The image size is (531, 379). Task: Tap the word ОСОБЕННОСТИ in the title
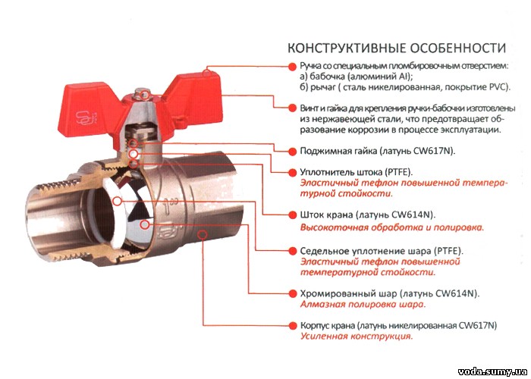click(458, 48)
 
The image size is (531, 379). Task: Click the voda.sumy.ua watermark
click(494, 372)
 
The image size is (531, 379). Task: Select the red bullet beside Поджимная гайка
click(291, 152)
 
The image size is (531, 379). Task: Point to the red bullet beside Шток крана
click(291, 215)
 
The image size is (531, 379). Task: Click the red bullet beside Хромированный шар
click(291, 293)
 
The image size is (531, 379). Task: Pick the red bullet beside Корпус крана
click(291, 325)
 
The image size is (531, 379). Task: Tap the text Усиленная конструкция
click(357, 337)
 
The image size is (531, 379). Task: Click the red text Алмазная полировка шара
click(363, 304)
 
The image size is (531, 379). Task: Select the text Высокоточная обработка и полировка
click(392, 227)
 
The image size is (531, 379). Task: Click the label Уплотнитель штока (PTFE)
click(357, 172)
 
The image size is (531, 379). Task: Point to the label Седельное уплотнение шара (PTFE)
click(382, 251)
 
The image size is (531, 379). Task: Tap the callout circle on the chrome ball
click(145, 224)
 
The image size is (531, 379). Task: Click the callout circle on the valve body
click(203, 234)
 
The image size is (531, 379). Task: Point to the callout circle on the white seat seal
click(117, 201)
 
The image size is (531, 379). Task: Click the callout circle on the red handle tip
click(206, 73)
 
